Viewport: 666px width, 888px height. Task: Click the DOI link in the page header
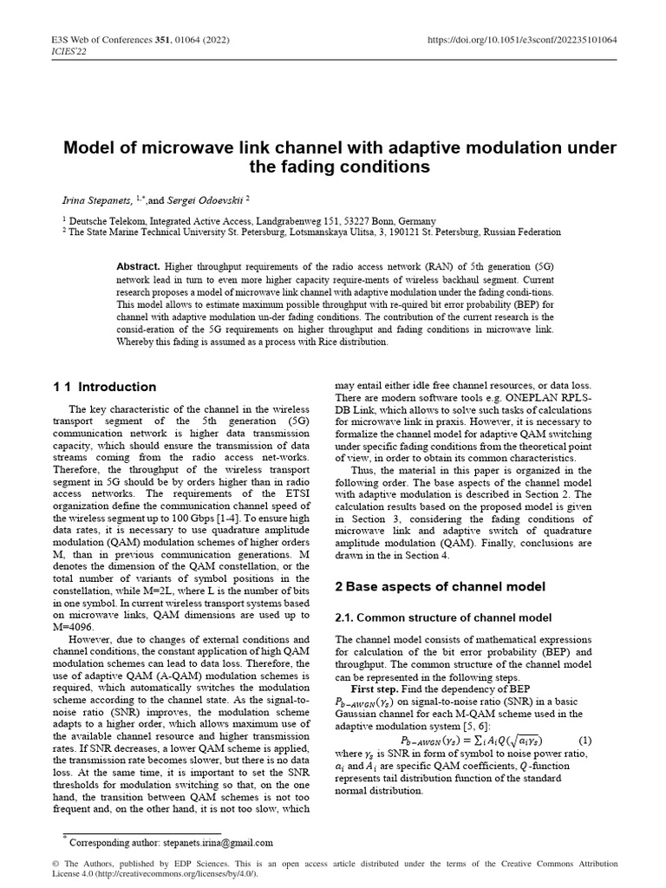(x=523, y=39)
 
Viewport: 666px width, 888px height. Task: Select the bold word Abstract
(x=136, y=267)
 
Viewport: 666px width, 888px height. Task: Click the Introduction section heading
(x=118, y=387)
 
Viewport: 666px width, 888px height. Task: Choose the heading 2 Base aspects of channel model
(x=440, y=586)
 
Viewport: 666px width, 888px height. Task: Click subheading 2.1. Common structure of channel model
(x=443, y=617)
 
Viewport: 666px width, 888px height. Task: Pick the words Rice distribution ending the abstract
(x=352, y=342)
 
